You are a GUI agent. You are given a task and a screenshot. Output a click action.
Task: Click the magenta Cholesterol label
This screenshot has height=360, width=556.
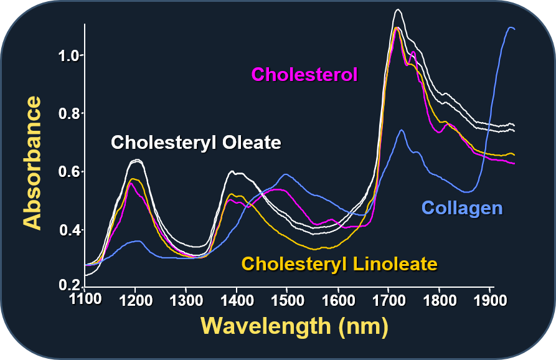pos(304,75)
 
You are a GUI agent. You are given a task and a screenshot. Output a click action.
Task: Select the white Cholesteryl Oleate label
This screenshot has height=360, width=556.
pos(196,143)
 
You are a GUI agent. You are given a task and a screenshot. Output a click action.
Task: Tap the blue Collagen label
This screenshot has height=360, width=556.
pos(462,207)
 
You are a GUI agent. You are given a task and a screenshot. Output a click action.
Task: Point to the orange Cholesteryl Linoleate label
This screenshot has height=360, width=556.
pos(339,263)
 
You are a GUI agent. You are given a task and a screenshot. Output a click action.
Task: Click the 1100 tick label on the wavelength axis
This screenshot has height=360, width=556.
pos(85,300)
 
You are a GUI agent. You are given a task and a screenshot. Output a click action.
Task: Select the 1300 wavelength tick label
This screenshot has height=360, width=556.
pos(186,300)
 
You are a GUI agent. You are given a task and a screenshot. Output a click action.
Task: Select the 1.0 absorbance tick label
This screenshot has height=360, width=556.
pos(68,55)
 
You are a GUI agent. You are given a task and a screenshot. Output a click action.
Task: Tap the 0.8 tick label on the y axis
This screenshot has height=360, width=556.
pos(68,114)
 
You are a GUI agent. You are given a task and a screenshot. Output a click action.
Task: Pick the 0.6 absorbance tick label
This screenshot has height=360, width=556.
pos(68,172)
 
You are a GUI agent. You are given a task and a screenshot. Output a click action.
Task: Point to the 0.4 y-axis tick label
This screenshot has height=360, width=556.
pos(68,230)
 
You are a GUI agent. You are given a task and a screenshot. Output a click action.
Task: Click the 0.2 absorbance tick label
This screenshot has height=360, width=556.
pos(68,285)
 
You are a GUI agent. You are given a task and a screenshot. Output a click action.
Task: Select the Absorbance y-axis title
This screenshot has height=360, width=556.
pos(32,163)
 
